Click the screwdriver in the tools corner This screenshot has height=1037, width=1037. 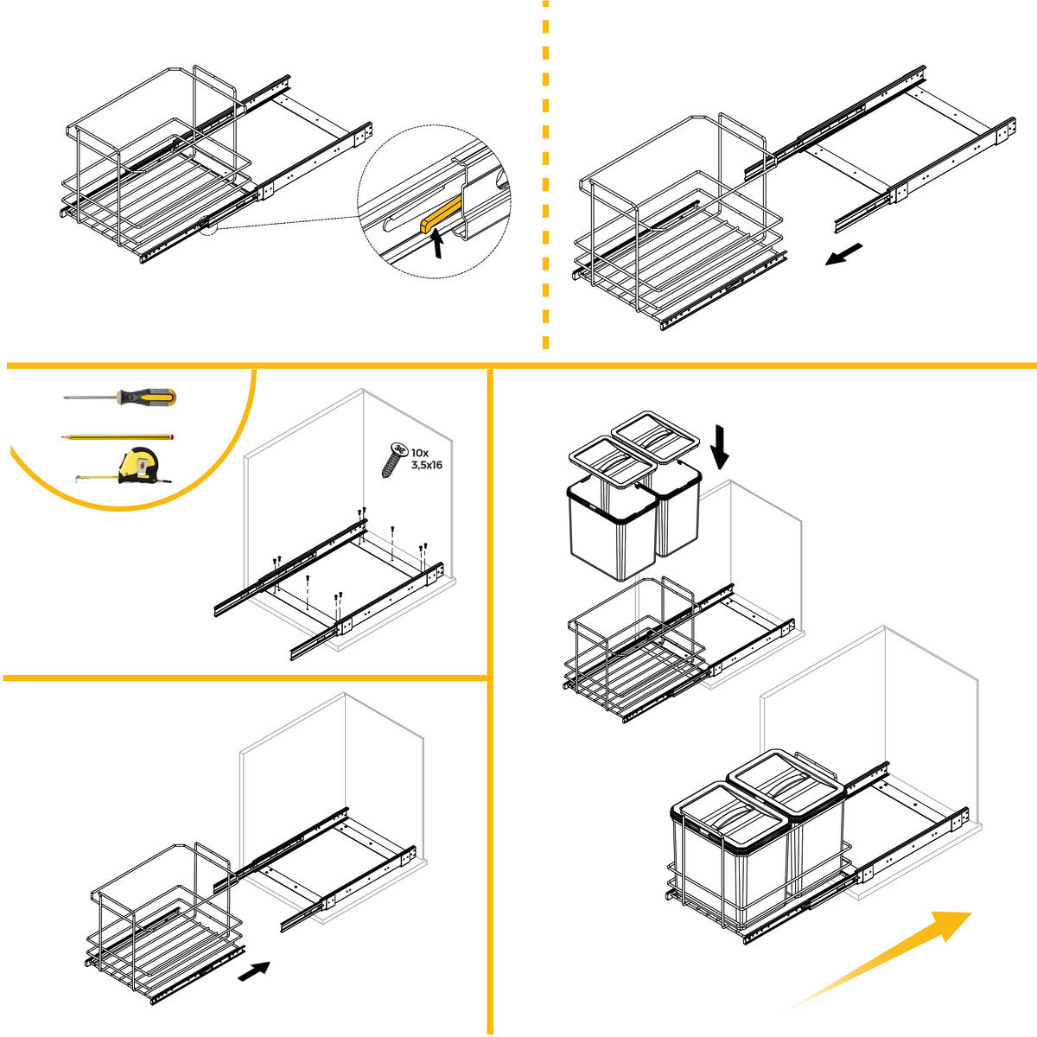(x=119, y=398)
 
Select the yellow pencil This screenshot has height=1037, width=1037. (x=118, y=437)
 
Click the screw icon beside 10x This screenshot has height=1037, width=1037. (x=393, y=459)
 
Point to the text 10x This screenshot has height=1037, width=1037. (x=420, y=452)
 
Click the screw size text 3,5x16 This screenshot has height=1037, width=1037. (x=427, y=465)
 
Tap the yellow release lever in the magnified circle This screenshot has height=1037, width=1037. (x=442, y=213)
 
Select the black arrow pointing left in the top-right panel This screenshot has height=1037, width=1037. (x=843, y=254)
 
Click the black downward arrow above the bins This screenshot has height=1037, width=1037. (x=720, y=447)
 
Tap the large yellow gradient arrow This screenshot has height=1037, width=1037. (x=882, y=957)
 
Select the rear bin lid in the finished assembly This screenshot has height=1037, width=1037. (x=786, y=781)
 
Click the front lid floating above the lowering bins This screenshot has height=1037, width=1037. (x=613, y=461)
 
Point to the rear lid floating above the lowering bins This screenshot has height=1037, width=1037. (x=655, y=436)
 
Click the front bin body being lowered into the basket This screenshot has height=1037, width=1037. (x=613, y=530)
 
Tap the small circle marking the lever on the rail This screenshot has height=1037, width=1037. (x=208, y=226)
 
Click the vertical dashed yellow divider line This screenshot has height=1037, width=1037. (x=545, y=175)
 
